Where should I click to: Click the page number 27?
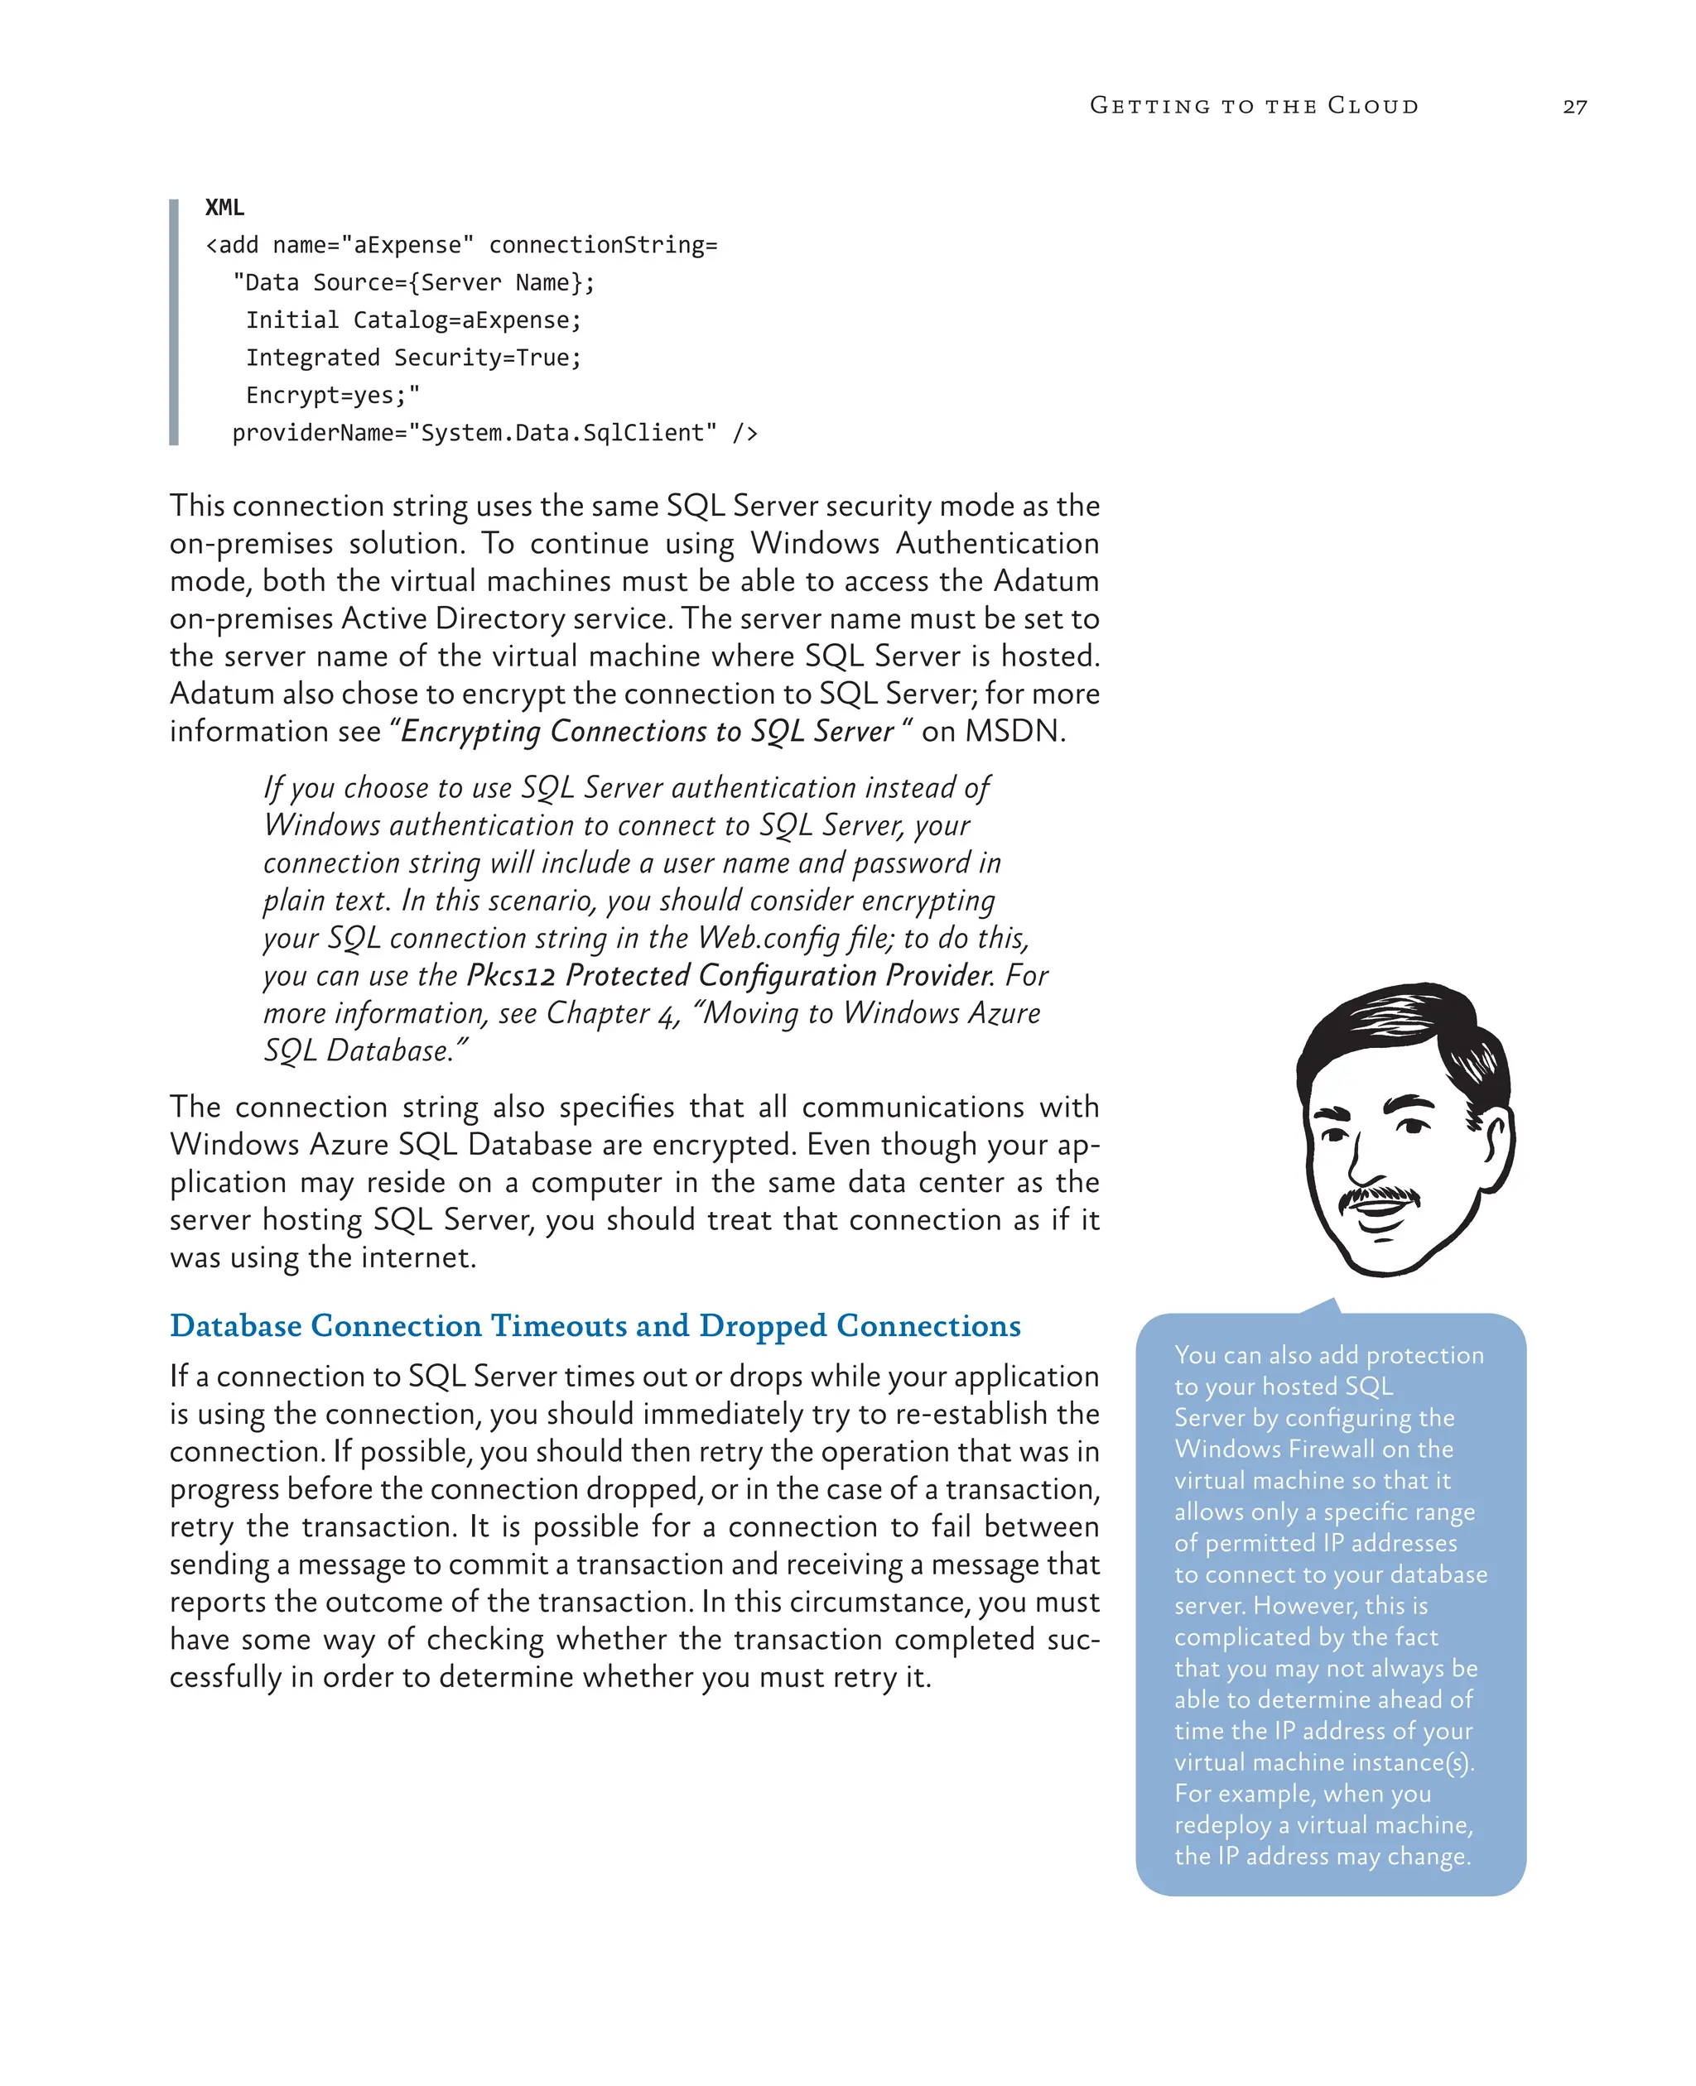(1574, 107)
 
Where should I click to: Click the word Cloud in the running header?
(1373, 105)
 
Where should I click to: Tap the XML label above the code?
(224, 207)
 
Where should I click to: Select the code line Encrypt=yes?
(332, 395)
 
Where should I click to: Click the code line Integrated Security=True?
(413, 358)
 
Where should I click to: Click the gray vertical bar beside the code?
(174, 322)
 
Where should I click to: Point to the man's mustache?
(1379, 1194)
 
